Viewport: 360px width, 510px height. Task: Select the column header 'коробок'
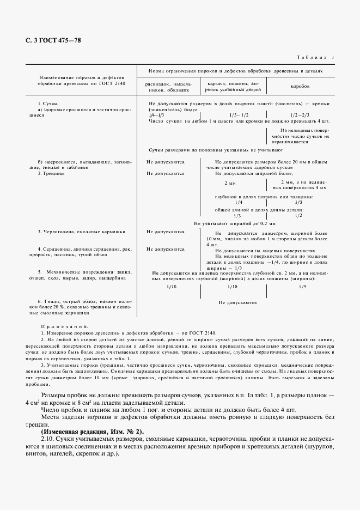click(299, 86)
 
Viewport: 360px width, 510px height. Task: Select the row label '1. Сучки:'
click(48, 104)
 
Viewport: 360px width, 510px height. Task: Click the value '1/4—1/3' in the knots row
click(156, 115)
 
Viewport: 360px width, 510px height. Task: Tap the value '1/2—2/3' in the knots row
click(300, 115)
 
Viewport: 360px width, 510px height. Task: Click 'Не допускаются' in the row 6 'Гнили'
click(237, 301)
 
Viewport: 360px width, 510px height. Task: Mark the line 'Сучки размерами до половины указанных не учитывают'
click(215, 149)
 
